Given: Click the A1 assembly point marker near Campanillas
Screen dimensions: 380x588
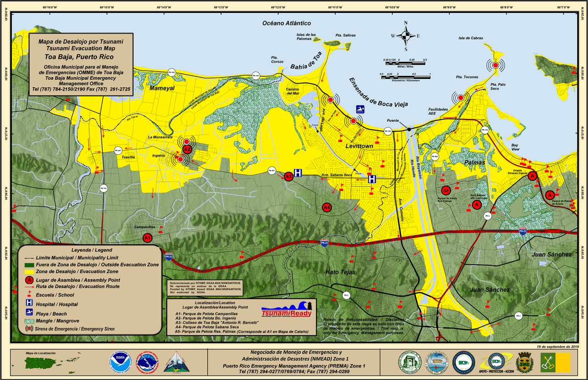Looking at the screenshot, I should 147,238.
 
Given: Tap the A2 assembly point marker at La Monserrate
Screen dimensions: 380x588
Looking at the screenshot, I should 187,149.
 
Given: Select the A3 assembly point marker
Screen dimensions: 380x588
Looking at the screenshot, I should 288,176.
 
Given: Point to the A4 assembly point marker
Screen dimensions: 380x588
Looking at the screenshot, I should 327,207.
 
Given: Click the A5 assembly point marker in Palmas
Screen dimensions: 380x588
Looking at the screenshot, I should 445,190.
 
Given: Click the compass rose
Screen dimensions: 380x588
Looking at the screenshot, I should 406,36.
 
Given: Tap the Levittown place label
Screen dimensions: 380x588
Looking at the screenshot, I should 359,146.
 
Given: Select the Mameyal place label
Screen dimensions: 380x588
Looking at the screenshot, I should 162,89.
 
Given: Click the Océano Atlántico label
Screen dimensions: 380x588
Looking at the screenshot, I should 287,23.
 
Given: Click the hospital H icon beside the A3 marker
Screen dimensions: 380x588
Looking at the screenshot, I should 298,173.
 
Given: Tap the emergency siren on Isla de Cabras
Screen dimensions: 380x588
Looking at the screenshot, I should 495,66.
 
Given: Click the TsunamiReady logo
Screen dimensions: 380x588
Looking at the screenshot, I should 287,311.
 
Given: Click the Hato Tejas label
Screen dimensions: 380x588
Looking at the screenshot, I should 340,272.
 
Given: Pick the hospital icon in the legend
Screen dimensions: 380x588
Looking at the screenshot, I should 29,304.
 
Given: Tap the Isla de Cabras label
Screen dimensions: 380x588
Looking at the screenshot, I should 470,38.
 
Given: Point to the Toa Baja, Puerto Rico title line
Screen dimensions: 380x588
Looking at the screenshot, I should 81,57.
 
